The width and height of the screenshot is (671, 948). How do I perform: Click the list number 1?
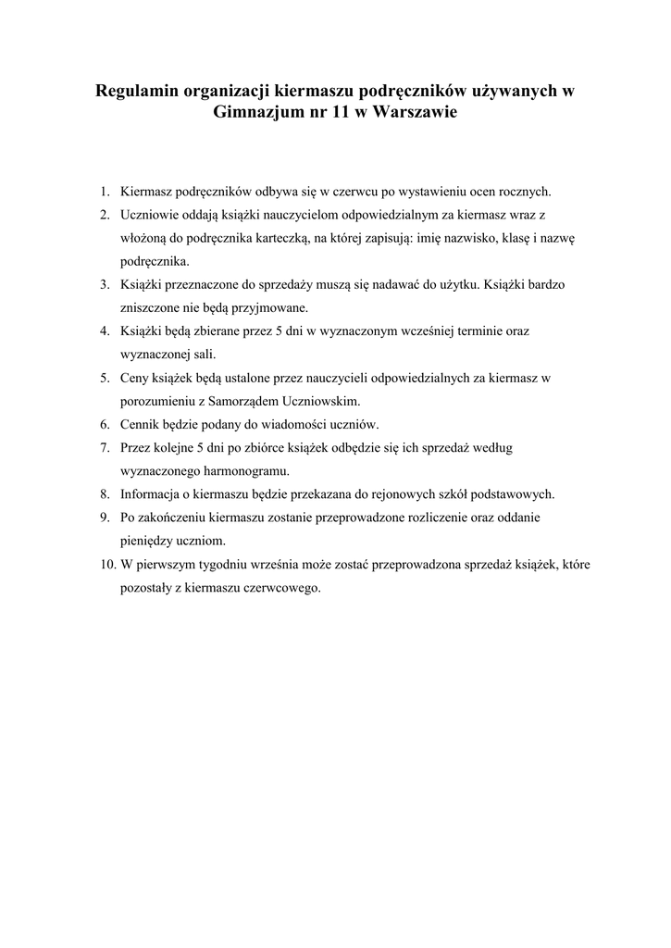click(106, 192)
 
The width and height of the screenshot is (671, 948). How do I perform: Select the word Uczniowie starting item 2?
click(150, 215)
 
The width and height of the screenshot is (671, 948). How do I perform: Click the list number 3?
click(106, 284)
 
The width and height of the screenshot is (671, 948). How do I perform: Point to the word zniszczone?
click(151, 307)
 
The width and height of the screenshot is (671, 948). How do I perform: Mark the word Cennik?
click(142, 424)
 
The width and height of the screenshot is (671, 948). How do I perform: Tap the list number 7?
click(106, 447)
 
